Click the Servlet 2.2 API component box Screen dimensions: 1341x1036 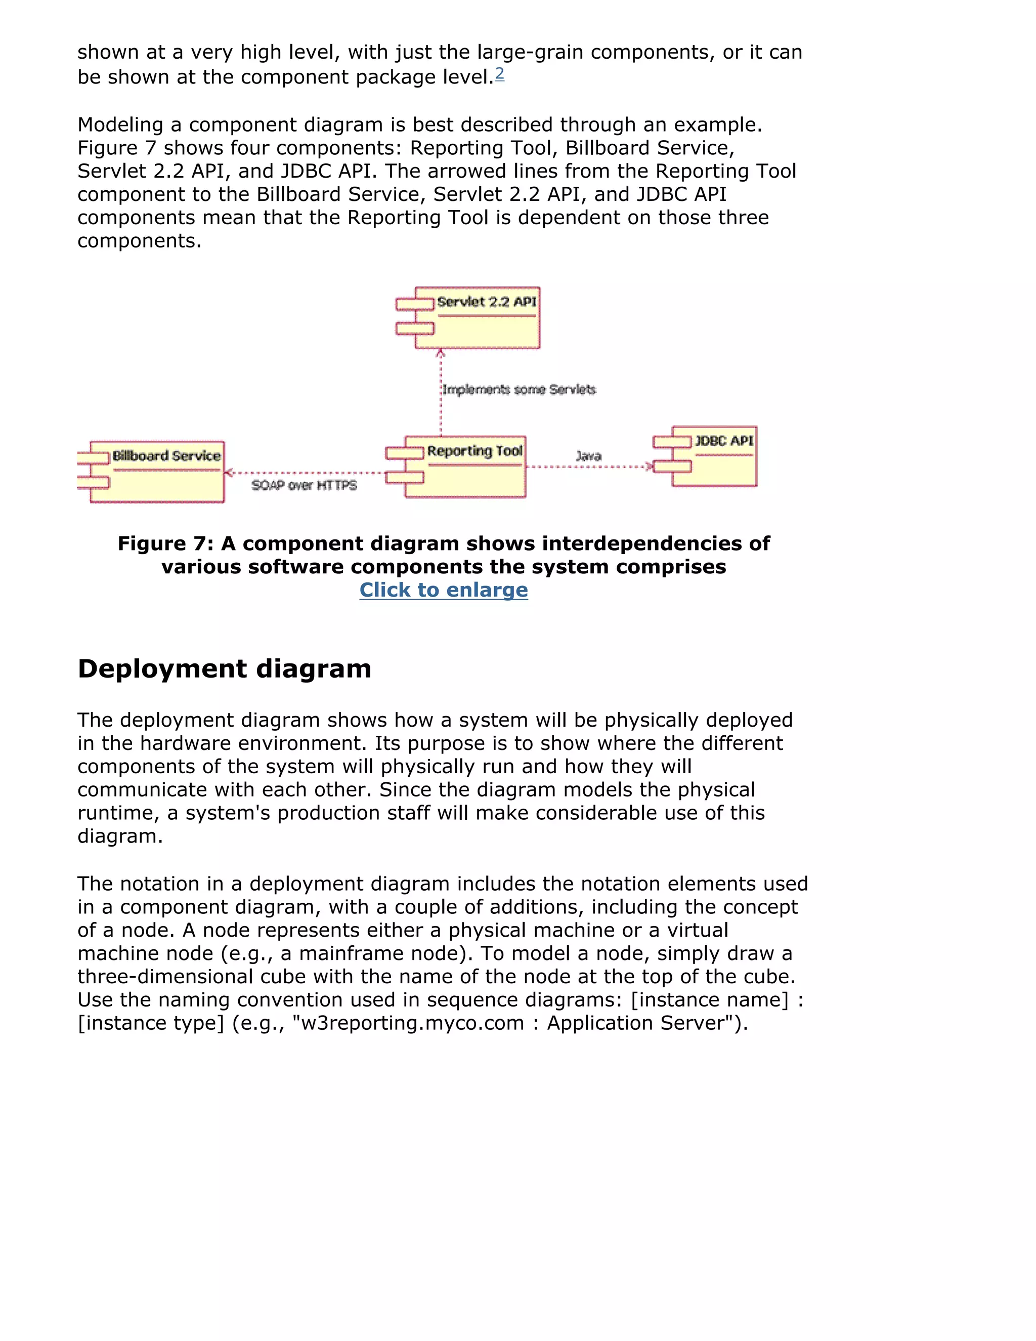point(478,318)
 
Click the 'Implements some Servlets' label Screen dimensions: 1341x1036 point(519,390)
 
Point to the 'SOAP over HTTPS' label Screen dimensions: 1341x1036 point(304,486)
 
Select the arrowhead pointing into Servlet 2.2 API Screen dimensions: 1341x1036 point(441,354)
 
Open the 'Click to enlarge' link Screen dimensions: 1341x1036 point(443,590)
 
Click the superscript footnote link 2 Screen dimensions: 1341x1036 point(500,74)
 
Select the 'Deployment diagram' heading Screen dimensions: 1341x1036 point(224,668)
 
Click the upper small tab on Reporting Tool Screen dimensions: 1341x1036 point(405,453)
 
